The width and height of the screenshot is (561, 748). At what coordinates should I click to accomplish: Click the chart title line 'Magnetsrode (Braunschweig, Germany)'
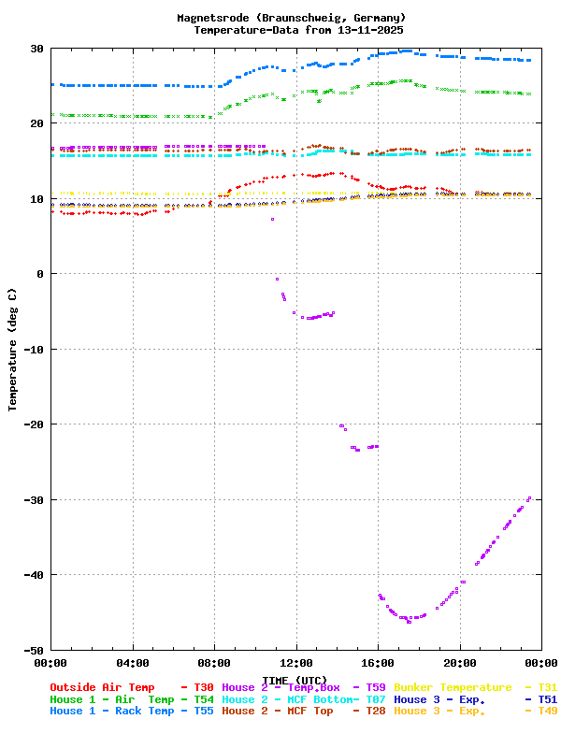[x=292, y=18]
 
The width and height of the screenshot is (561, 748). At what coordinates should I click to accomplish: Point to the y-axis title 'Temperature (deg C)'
[x=13, y=349]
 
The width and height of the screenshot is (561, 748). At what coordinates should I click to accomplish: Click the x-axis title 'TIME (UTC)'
[x=295, y=680]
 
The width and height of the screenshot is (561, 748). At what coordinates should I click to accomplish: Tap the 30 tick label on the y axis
[x=37, y=49]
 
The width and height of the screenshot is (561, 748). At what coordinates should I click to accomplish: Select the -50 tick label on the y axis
[x=34, y=650]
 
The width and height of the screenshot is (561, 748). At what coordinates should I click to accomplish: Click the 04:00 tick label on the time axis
[x=133, y=662]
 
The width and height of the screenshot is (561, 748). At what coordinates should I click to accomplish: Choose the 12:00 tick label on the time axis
[x=296, y=662]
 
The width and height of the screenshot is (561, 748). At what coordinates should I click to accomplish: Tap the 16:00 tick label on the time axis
[x=378, y=662]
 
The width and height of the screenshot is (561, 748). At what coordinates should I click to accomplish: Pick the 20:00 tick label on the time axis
[x=460, y=662]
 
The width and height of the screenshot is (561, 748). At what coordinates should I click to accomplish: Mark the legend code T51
[x=547, y=699]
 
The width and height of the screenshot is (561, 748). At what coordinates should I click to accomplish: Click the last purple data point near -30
[x=529, y=498]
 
